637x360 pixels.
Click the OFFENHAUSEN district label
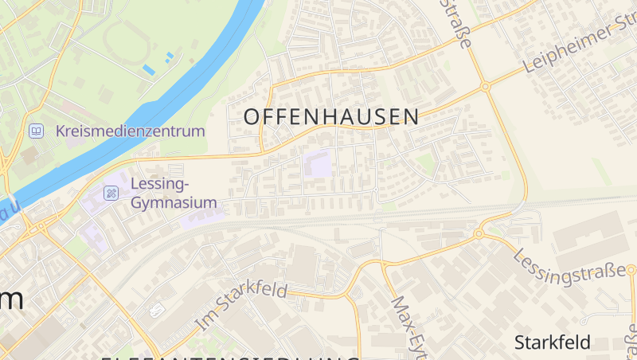click(330, 116)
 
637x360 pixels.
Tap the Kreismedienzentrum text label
click(131, 131)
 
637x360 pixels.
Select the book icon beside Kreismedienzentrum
click(36, 131)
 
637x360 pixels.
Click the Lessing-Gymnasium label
click(174, 194)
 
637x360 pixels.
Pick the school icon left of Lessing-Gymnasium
click(111, 193)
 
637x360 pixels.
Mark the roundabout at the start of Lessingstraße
click(479, 233)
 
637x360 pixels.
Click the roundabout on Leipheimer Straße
click(484, 86)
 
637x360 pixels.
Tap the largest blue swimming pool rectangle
click(149, 70)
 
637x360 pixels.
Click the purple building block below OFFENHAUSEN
click(318, 164)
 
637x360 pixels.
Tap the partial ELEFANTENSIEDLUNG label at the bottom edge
click(231, 358)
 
